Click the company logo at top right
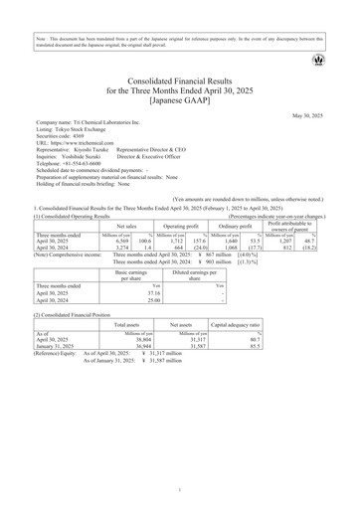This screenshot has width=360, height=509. (318, 61)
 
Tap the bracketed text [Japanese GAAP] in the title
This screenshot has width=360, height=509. (180, 100)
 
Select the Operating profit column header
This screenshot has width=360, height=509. (185, 199)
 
